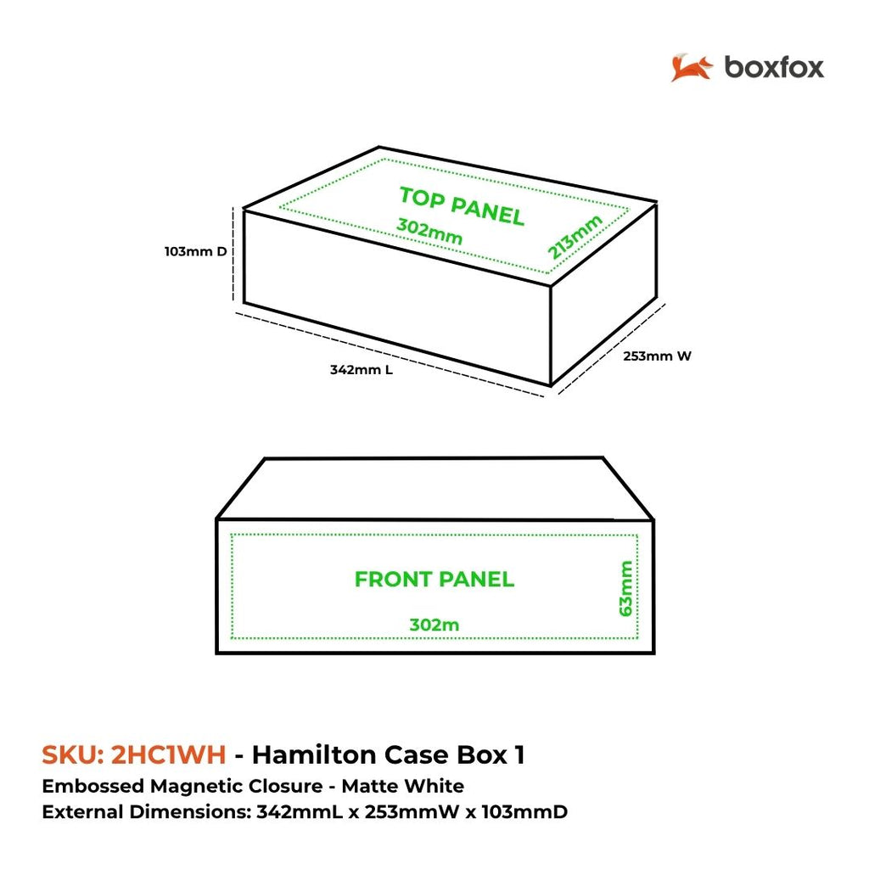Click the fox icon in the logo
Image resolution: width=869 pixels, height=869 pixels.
point(691,68)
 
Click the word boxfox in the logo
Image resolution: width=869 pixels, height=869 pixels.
point(774,68)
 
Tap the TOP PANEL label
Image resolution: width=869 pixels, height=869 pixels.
point(462,206)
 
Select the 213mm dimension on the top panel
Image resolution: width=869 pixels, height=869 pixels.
point(575,237)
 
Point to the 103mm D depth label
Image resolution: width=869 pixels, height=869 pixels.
point(196,251)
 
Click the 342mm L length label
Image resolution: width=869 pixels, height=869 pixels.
point(362,370)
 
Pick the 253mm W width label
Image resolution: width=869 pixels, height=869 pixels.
point(658,356)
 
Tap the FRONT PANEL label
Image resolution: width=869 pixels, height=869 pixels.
point(434,580)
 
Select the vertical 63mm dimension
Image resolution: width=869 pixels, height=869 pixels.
point(625,589)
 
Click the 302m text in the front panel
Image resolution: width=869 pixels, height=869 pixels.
point(434,625)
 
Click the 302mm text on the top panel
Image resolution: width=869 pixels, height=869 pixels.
point(429,232)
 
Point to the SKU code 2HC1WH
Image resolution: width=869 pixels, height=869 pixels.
point(169,754)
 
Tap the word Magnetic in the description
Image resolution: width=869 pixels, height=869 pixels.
point(237,787)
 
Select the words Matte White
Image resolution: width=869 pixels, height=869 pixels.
point(403,787)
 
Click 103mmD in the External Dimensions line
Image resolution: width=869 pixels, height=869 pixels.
point(524,812)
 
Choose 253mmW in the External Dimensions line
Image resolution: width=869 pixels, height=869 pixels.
point(412,812)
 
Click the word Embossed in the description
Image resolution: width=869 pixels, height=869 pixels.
point(93,787)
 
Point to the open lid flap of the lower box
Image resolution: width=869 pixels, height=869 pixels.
point(435,488)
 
